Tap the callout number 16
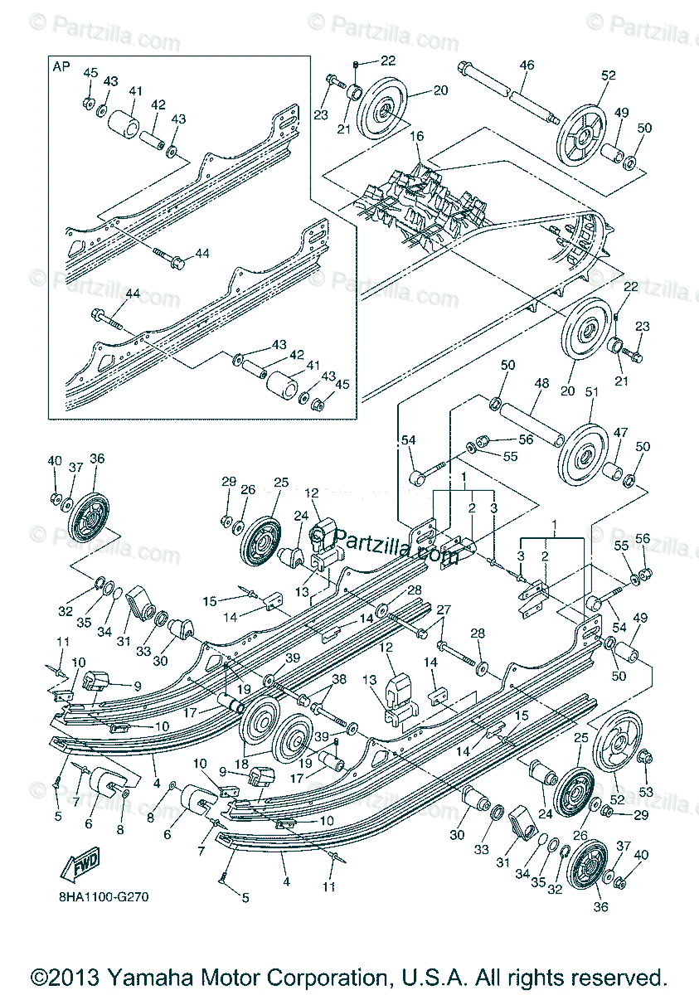[x=415, y=135]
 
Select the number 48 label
[x=543, y=384]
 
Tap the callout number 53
[x=647, y=792]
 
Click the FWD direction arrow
[x=80, y=866]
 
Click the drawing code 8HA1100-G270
[x=104, y=897]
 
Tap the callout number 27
[x=444, y=609]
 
